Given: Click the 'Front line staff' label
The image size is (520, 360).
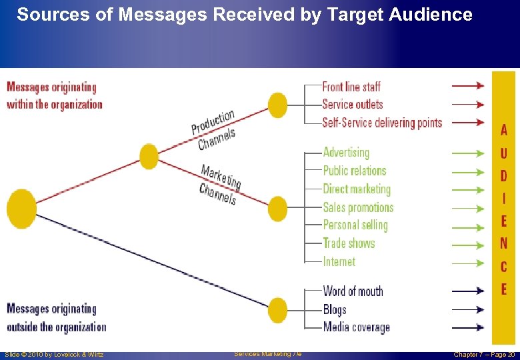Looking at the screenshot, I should pos(351,87).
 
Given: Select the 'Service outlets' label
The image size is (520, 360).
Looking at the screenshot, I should pos(353,104).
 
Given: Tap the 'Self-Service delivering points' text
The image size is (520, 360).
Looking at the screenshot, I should pos(382,123).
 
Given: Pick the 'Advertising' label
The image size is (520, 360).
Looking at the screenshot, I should pos(346,153).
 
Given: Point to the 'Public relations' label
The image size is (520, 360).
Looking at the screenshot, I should pos(355,171).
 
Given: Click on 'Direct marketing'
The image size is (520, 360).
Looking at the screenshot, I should pos(357,189).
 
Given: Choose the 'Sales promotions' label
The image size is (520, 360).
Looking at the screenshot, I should pos(358,207).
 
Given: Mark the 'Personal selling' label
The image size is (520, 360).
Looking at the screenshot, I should pos(355,225).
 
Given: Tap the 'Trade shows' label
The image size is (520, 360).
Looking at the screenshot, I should pos(349,243).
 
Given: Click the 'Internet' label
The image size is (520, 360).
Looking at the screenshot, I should pos(339,262).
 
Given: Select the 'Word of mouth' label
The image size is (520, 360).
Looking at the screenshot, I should pos(353,291).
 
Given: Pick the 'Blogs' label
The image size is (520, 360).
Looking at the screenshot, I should pos(335,309).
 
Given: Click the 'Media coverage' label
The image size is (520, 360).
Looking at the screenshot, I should pos(356,327).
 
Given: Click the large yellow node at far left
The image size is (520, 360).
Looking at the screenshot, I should pos(21,209).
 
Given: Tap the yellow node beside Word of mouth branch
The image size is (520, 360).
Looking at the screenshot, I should pos(277,310).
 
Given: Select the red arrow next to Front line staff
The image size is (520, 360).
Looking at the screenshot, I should pos(468,86).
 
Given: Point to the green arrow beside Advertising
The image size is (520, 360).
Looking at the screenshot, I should pos(468,153).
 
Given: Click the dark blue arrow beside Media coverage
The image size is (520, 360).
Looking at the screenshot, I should pos(468,327).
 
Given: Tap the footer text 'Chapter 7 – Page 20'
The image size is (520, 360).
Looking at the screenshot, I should pos(484,354).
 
